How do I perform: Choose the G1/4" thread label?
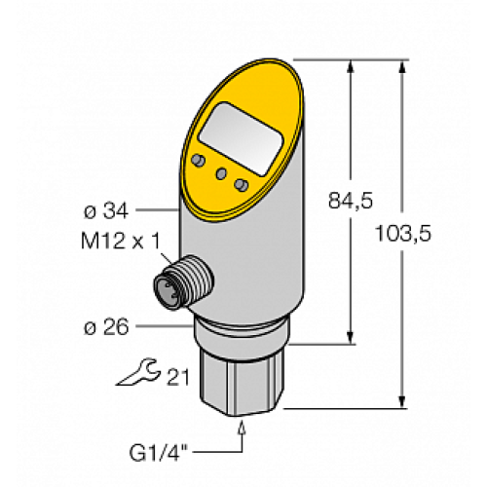[161, 452]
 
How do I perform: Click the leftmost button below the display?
[199, 159]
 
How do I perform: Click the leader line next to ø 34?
[156, 208]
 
